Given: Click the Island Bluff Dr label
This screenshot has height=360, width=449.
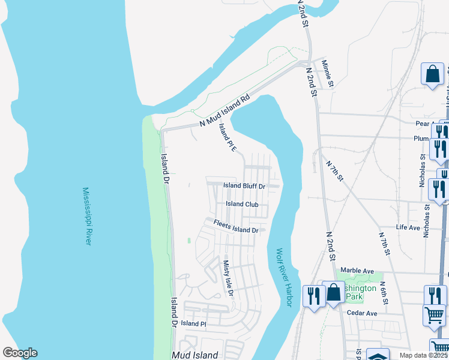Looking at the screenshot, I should pyautogui.click(x=244, y=186).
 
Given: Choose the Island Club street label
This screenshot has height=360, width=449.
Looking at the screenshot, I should pyautogui.click(x=242, y=204).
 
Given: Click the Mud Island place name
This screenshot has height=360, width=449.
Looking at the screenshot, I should pyautogui.click(x=194, y=355).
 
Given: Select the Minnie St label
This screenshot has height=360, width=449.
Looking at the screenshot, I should pyautogui.click(x=327, y=73).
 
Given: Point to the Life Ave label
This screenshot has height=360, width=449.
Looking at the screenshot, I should pyautogui.click(x=408, y=227).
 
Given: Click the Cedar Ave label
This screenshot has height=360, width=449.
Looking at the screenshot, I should pyautogui.click(x=362, y=313).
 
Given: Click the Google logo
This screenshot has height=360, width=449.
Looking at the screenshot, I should pyautogui.click(x=20, y=353).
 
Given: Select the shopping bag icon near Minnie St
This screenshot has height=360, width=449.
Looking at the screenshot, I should pyautogui.click(x=432, y=75).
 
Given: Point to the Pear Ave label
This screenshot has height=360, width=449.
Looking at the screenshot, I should pyautogui.click(x=424, y=124).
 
